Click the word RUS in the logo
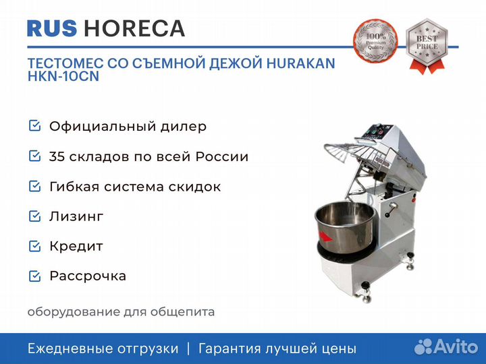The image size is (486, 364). pos(52,28)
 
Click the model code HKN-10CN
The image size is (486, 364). pos(63,77)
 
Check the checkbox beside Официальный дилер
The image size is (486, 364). pos(34,126)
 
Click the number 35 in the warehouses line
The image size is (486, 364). pos(57,156)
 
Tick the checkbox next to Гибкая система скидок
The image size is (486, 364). pos(34,186)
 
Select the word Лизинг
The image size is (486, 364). pos(76,216)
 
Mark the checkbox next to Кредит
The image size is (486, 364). pos(34,246)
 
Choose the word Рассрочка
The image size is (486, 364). pos(88,276)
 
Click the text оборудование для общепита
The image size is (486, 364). pos(122,312)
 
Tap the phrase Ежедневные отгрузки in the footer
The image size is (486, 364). pos(103,348)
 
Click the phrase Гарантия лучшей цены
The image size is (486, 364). pos(276,348)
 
